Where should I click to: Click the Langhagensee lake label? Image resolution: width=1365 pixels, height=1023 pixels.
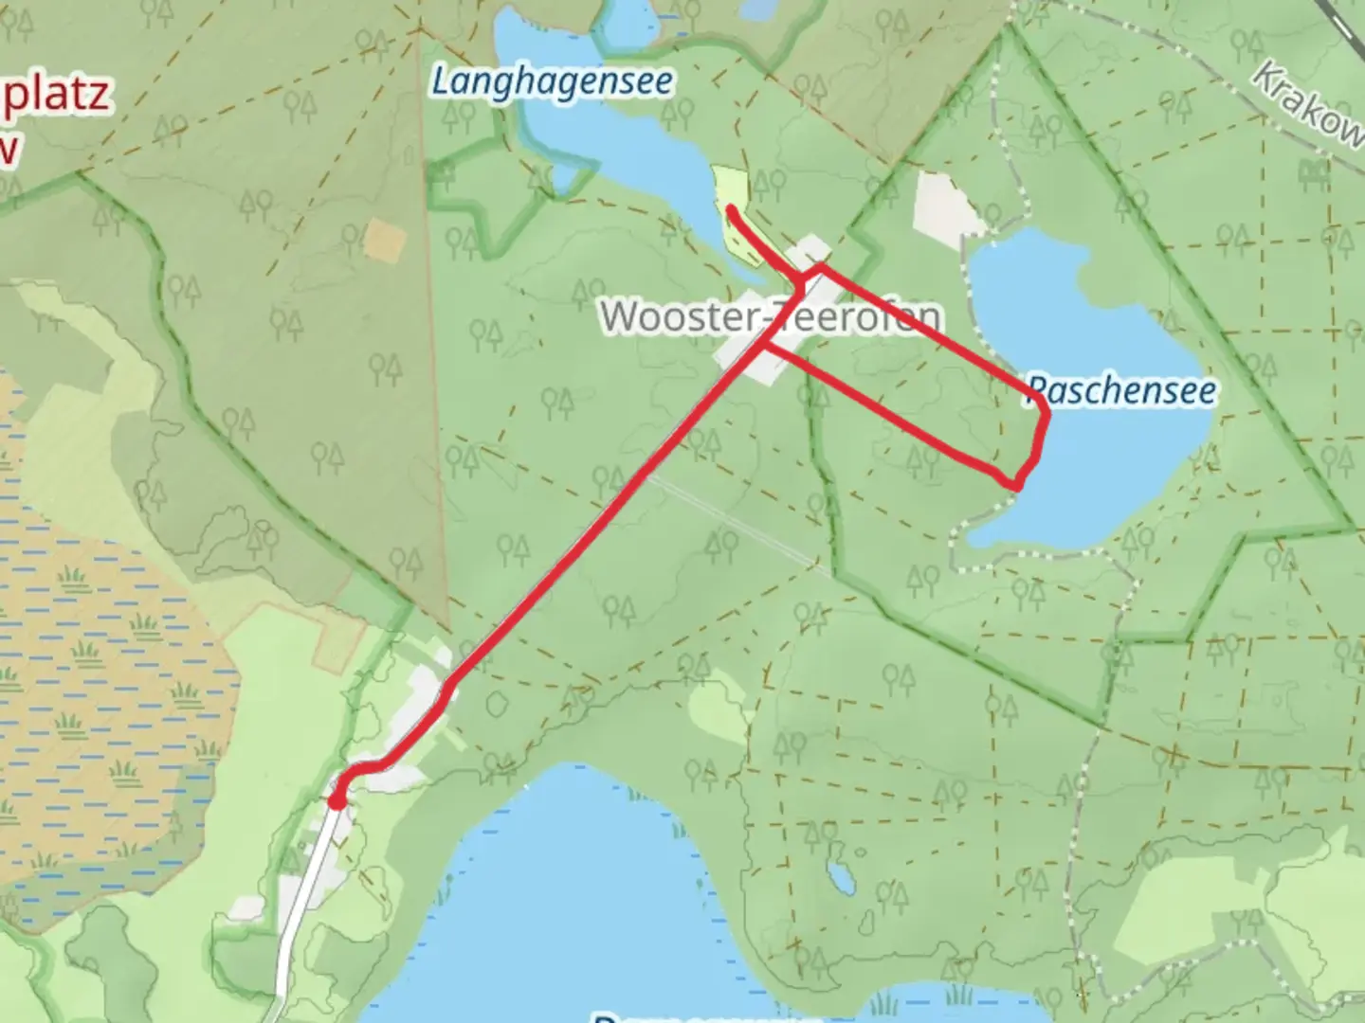pos(553,81)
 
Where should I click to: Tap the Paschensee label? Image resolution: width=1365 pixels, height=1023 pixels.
pos(1121,390)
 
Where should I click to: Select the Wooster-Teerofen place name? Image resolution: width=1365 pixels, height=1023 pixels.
pos(772,316)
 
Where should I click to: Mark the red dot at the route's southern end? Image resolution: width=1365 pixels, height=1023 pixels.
pos(337,801)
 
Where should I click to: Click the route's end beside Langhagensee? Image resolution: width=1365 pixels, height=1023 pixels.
pos(731,208)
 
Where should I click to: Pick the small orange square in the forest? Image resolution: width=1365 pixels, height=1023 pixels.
pos(384,240)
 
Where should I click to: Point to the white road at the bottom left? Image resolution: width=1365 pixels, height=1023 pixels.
pos(303,900)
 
